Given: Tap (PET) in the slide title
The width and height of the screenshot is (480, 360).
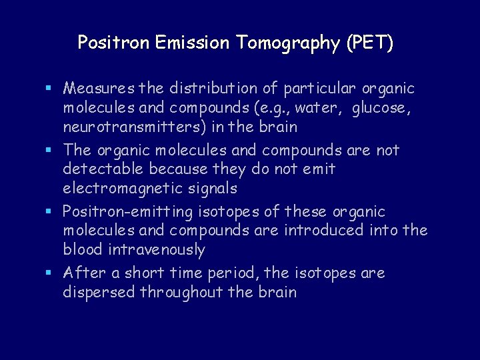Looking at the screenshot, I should point(369,43).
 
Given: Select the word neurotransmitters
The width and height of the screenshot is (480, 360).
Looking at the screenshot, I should point(124,127).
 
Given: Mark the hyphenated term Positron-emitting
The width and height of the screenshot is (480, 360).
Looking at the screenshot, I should point(126,212).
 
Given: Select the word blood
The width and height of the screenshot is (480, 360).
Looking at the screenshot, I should point(84,250).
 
